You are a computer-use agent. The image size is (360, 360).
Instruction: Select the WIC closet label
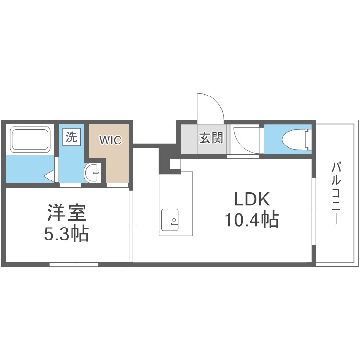click(x=110, y=141)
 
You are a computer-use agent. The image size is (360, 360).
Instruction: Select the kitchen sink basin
click(x=170, y=220)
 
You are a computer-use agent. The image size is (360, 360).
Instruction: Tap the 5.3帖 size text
click(x=67, y=234)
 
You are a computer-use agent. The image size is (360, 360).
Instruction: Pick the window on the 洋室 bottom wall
click(x=74, y=264)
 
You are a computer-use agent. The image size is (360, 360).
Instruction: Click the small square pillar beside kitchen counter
click(x=175, y=164)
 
